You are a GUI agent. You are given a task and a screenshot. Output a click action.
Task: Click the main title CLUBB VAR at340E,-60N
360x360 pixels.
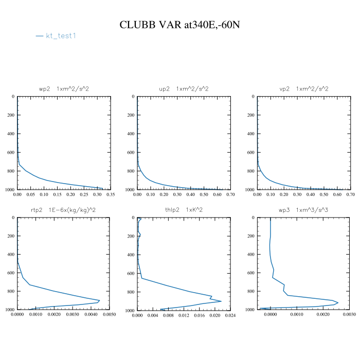click(179, 25)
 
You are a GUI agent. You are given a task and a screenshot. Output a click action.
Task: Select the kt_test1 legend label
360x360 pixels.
click(61, 36)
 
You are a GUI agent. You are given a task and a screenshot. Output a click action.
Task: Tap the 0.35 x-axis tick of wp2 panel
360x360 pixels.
click(110, 195)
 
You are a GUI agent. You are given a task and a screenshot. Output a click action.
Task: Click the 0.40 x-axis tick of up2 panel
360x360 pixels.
click(190, 195)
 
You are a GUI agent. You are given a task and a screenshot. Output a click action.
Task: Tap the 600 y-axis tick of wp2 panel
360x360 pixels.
click(11, 153)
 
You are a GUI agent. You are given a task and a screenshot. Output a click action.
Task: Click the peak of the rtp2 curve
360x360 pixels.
click(99, 300)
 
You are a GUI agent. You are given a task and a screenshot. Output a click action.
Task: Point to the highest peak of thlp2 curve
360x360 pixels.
click(221, 301)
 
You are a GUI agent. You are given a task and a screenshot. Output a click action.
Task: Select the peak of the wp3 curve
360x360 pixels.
click(338, 302)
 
